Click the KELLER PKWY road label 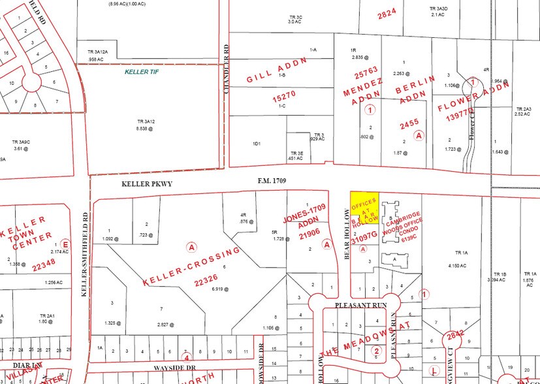coord(147,184)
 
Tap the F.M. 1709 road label coord(272,180)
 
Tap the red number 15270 coord(285,95)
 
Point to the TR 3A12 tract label coord(146,121)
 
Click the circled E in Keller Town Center coord(63,244)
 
